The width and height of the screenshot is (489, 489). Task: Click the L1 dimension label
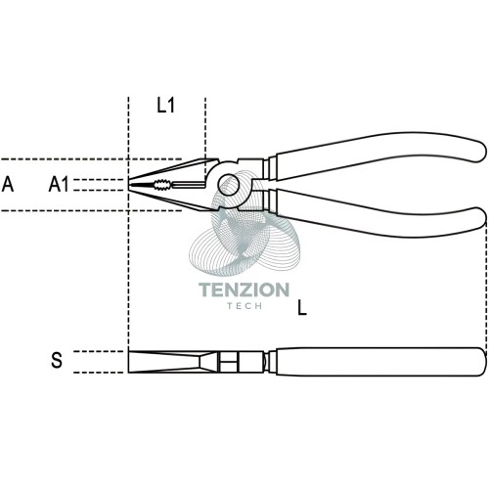tap(166, 105)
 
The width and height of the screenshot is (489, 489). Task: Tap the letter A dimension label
tap(8, 184)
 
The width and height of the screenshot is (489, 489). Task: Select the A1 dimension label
tap(59, 184)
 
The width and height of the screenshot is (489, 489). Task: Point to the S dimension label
tap(57, 360)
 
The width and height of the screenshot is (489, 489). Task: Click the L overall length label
tap(302, 308)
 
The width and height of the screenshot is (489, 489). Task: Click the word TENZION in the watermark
tap(244, 289)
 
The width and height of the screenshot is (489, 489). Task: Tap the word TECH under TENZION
tap(244, 306)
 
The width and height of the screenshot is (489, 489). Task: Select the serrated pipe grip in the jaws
tap(162, 185)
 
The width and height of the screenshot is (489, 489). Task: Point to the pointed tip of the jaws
tap(129, 185)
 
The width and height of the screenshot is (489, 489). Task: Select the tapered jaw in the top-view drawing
tap(169, 362)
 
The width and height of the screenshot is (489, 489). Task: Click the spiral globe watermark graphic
tap(244, 225)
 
